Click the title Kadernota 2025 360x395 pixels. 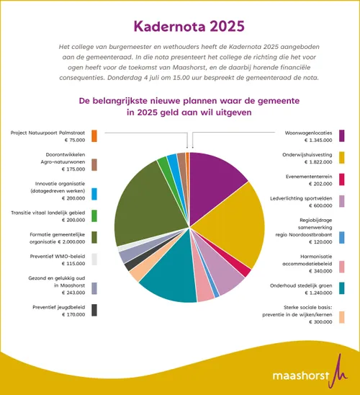pos(180,27)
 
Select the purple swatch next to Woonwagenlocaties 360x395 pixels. pos(341,136)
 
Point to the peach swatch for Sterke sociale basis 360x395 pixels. pos(341,317)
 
